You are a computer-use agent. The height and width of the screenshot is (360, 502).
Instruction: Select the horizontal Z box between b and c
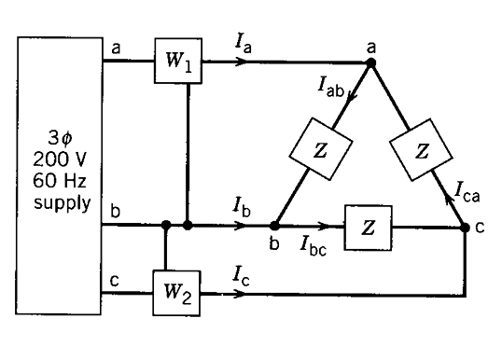370,226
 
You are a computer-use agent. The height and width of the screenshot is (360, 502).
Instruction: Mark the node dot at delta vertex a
370,63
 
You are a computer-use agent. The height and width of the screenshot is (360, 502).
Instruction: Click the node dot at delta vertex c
466,227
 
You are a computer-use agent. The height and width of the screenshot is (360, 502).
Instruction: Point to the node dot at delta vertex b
274,226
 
